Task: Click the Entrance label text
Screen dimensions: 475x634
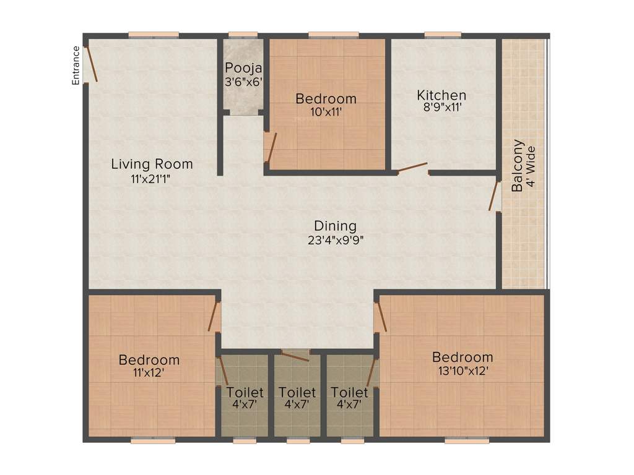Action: pos(76,66)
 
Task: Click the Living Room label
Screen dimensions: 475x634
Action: pos(152,165)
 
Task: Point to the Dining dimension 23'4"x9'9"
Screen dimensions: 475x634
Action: pos(335,241)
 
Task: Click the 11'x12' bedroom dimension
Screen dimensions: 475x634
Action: pos(149,373)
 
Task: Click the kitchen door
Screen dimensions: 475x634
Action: pos(412,168)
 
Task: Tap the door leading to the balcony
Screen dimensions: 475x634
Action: pos(495,195)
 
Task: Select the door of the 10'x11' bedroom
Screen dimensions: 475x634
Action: pos(270,147)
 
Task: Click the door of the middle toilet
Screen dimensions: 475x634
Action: pos(295,354)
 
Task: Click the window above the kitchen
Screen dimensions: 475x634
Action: pos(443,35)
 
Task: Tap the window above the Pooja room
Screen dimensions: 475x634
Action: pos(243,35)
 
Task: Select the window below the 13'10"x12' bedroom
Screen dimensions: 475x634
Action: pos(462,440)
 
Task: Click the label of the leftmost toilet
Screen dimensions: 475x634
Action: pos(245,393)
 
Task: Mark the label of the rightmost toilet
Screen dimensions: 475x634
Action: pos(349,393)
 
